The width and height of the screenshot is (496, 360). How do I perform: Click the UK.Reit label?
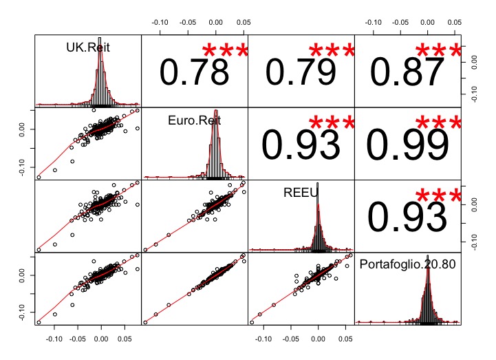click(88, 48)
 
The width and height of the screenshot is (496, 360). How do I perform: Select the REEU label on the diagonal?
click(301, 193)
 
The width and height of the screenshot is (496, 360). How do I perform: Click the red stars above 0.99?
click(438, 123)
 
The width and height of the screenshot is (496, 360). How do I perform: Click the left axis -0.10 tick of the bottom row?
click(23, 311)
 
